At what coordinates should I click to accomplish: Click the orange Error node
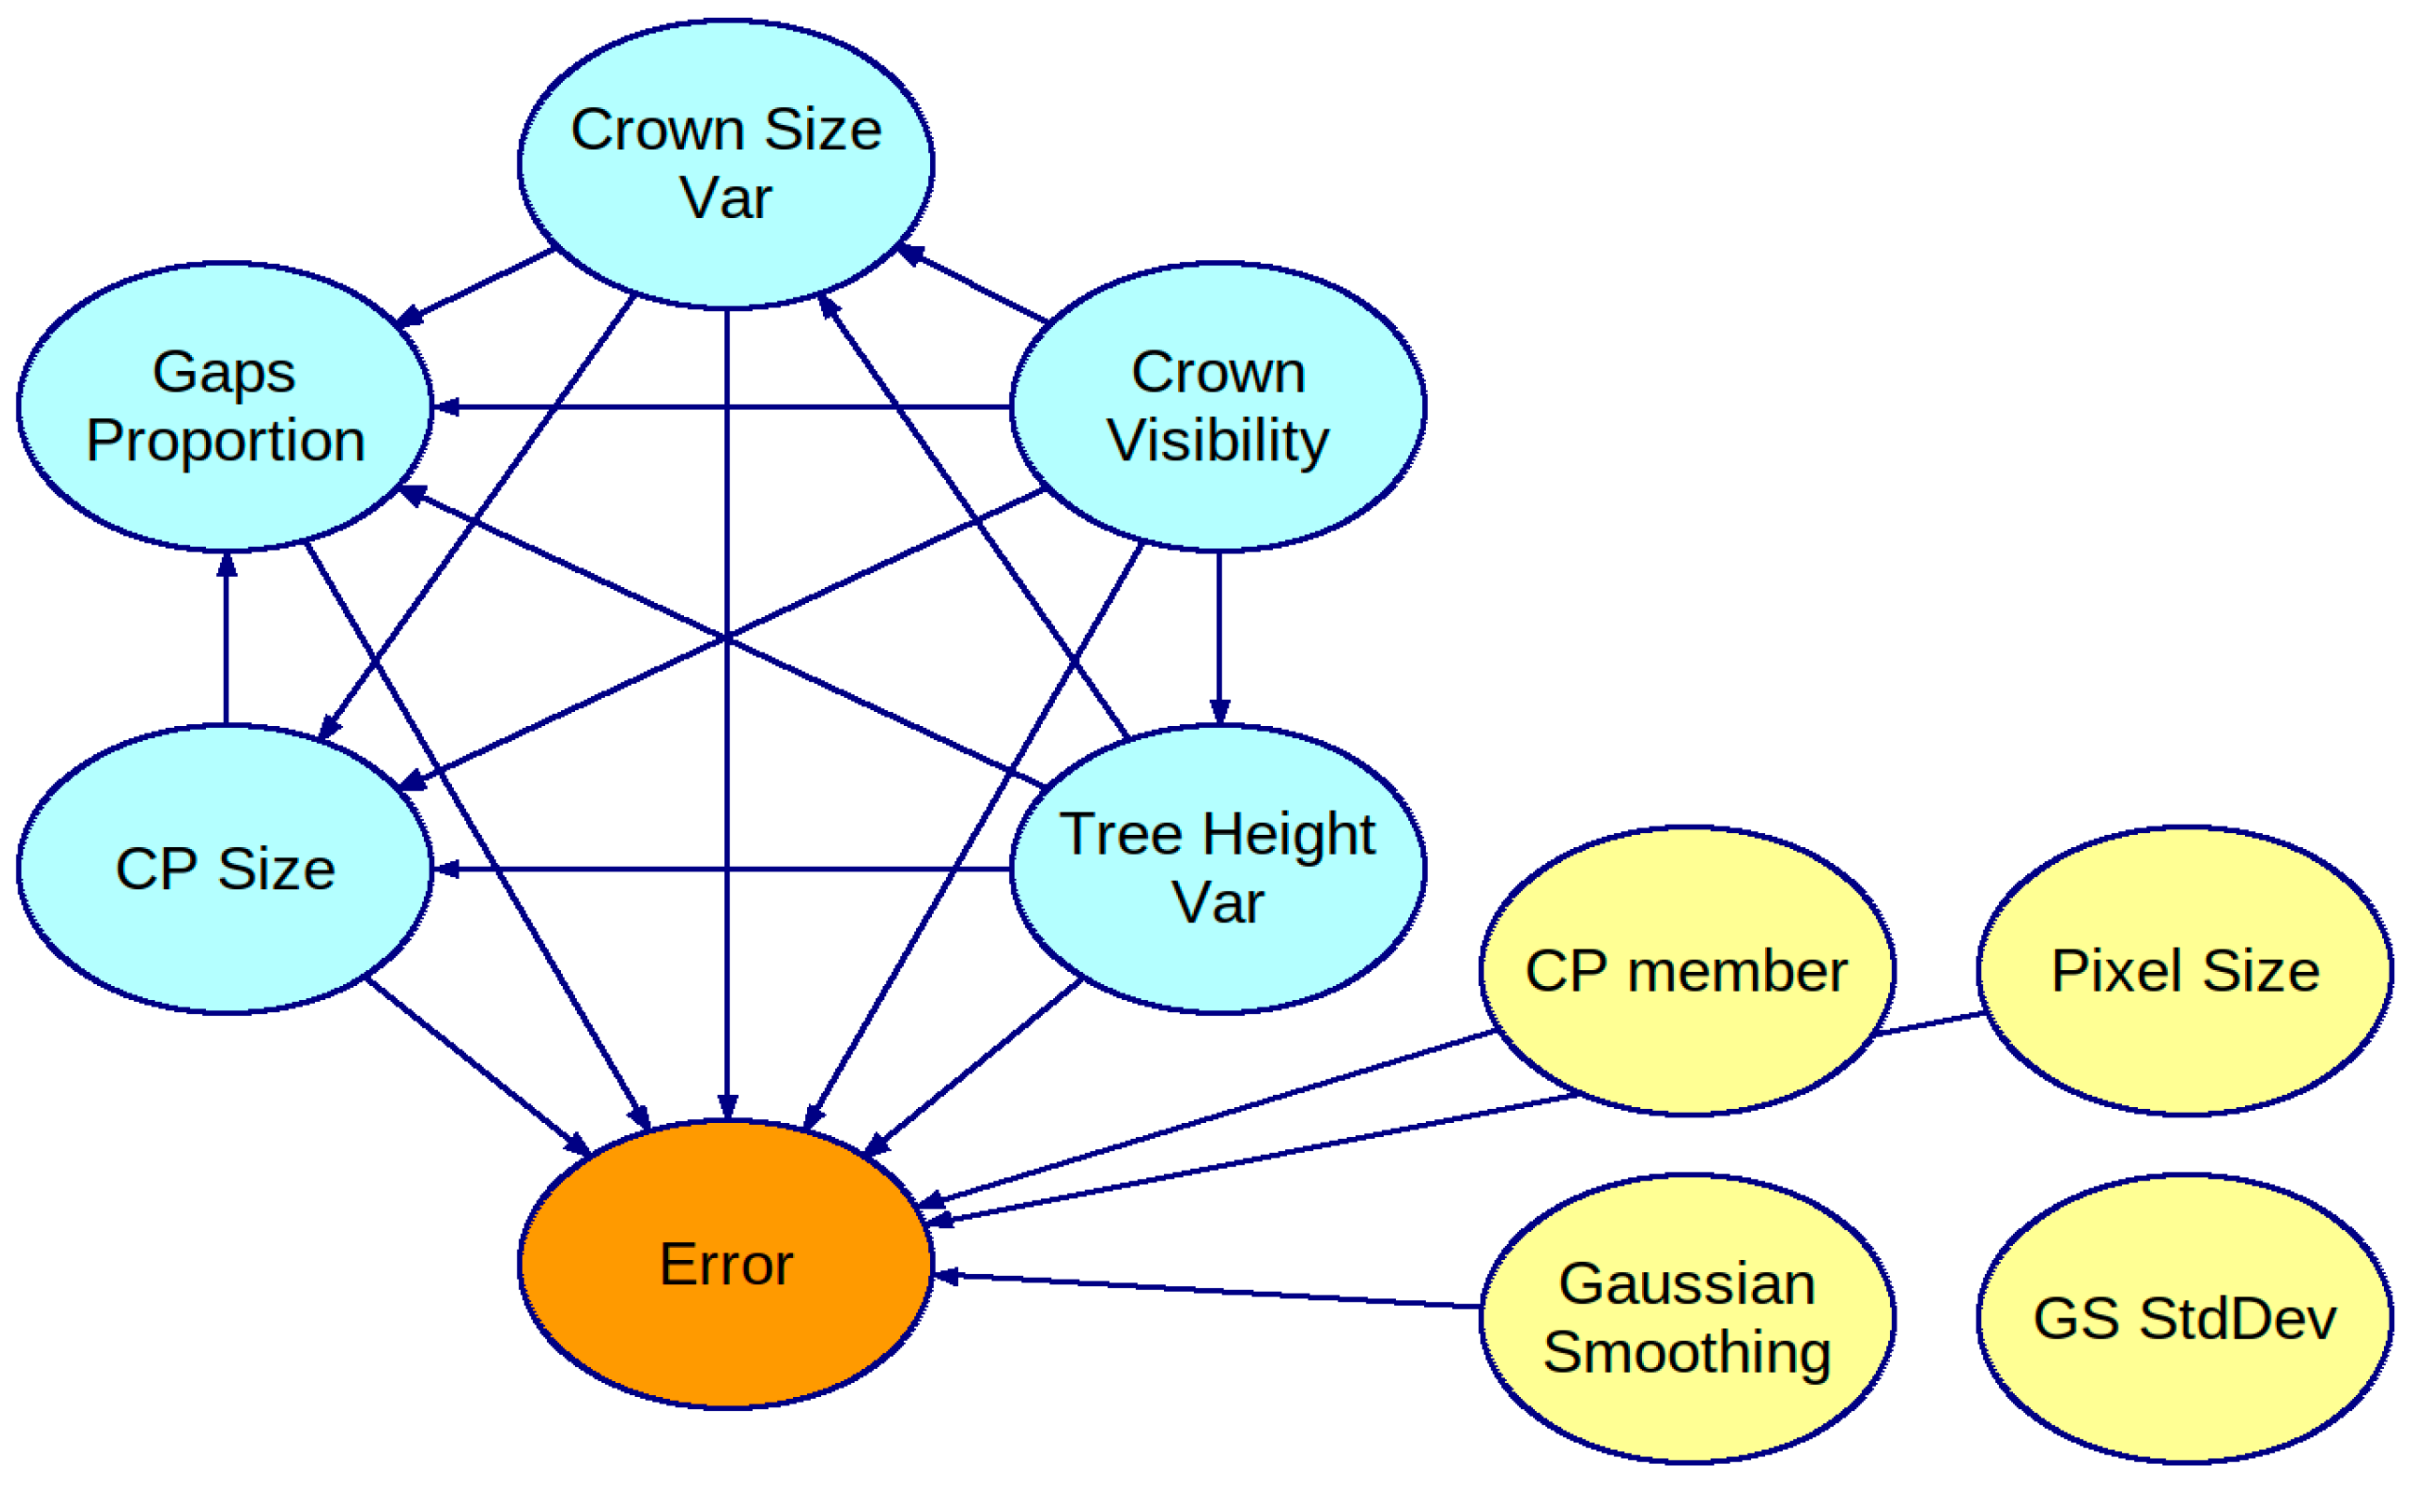(x=726, y=1264)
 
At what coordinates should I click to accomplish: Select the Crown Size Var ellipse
(x=726, y=164)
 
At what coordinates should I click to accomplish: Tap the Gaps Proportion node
(x=225, y=405)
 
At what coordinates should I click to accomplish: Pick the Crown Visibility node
(x=1218, y=405)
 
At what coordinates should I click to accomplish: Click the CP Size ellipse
(x=225, y=869)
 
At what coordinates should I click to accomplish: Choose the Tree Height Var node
(x=1218, y=869)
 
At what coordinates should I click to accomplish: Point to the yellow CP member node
(x=1687, y=971)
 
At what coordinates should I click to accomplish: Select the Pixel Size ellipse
(x=2185, y=971)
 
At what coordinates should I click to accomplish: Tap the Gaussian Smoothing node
(x=1687, y=1319)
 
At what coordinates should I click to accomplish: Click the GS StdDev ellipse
(x=2185, y=1319)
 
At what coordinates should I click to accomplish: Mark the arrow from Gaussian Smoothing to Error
(x=1203, y=1291)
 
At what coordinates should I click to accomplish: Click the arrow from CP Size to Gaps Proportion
(x=226, y=641)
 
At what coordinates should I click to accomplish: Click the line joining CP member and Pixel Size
(x=1928, y=1023)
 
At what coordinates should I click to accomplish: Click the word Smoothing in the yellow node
(x=1687, y=1352)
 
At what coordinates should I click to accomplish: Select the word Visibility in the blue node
(x=1218, y=440)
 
